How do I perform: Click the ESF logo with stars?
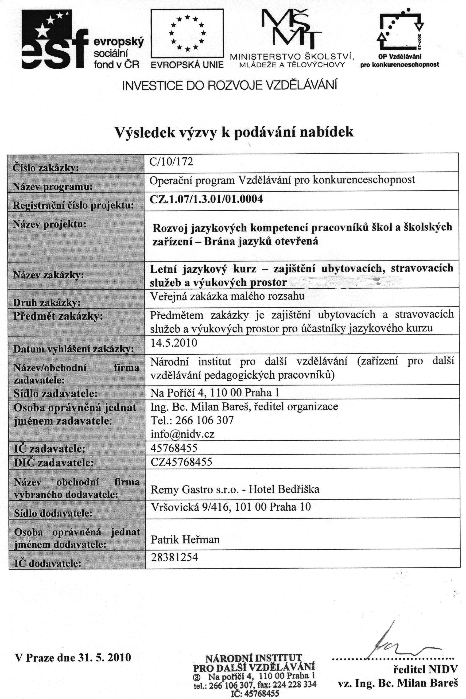pos(55,39)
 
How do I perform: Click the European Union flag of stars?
pos(187,33)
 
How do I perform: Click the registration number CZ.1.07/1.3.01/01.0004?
pos(206,199)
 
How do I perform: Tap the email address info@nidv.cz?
pos(183,434)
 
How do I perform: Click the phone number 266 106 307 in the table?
pos(205,420)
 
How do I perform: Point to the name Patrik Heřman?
pos(185,540)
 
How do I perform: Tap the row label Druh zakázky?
pos(47,303)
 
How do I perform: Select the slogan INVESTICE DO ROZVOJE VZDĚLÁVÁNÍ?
pos(230,85)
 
